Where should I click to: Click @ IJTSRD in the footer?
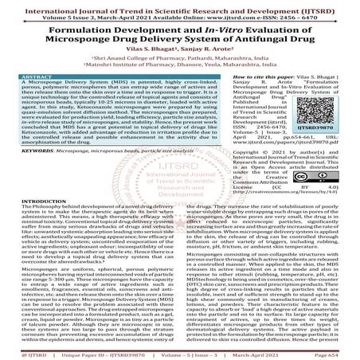[x=27, y=352]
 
